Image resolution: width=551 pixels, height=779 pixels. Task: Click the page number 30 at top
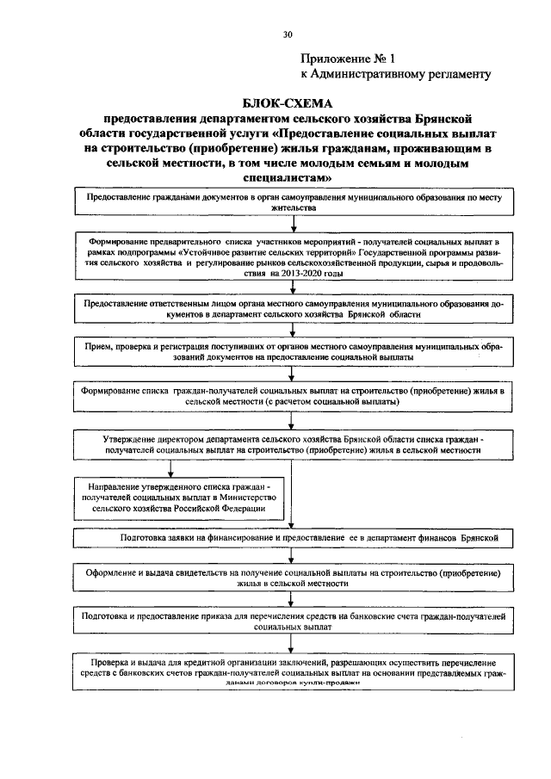[288, 34]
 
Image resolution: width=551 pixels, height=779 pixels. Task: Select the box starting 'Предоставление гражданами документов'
[294, 201]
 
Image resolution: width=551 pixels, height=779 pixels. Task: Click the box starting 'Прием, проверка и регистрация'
[294, 351]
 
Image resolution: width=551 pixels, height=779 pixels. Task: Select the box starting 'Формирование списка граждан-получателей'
[294, 397]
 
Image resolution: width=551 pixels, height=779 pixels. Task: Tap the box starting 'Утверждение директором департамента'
[294, 444]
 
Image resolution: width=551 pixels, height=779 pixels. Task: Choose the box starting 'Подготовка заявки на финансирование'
[294, 537]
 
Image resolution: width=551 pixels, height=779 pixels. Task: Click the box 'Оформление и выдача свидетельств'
[294, 577]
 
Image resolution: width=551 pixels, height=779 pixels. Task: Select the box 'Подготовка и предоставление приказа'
[294, 622]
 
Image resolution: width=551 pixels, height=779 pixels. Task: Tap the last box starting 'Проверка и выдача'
[294, 671]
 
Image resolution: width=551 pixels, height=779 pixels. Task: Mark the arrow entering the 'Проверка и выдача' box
[294, 646]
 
